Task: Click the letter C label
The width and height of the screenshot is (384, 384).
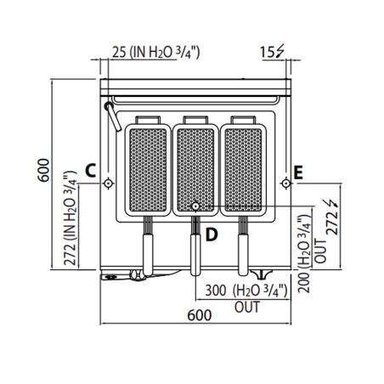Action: pos(90,168)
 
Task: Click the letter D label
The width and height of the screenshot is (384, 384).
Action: pos(213,233)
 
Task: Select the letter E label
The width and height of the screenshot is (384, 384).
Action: pos(297,172)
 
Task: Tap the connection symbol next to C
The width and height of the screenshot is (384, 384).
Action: pos(107,184)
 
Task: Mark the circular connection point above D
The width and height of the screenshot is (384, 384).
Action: pos(195,206)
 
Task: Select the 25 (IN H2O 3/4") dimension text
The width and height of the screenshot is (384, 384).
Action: pos(156,53)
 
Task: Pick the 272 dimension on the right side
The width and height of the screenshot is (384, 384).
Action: pos(333,222)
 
